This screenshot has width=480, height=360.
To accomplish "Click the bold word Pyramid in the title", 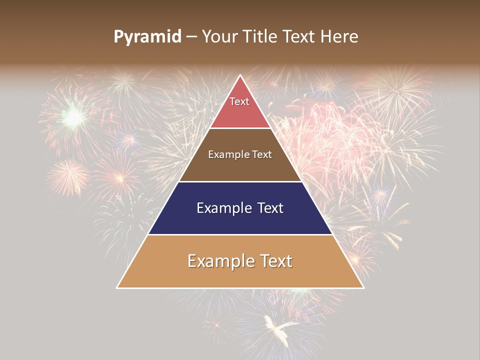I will tap(147, 37).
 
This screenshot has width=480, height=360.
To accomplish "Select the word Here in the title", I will tap(340, 37).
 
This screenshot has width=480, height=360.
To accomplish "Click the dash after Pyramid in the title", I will tap(191, 37).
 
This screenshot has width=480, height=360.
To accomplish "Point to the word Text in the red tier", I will tap(239, 101).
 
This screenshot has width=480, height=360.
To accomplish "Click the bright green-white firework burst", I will tap(73, 117).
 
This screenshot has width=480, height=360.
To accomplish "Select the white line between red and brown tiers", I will tap(240, 128).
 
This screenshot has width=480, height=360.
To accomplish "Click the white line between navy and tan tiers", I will tap(240, 234).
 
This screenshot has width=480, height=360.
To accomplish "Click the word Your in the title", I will tap(219, 37).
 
